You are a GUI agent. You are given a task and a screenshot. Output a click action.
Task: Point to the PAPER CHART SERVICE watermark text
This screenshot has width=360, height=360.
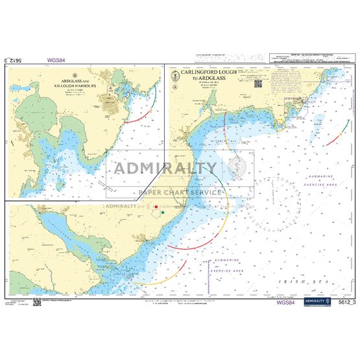[x=180, y=193]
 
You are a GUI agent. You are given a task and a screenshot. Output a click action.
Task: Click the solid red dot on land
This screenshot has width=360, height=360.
[x=154, y=208]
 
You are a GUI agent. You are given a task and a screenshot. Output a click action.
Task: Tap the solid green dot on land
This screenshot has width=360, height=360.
[x=163, y=212]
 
